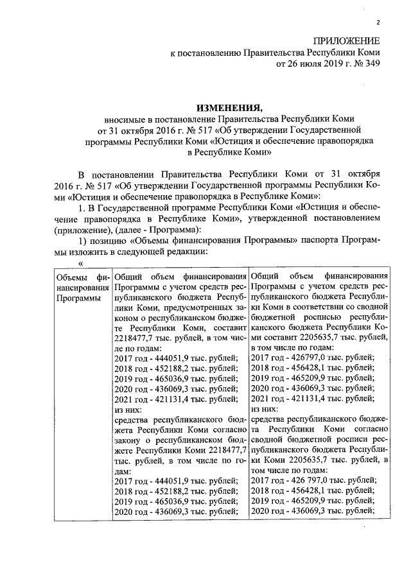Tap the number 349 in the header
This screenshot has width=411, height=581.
pyautogui.click(x=371, y=64)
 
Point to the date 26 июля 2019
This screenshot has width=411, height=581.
pyautogui.click(x=313, y=64)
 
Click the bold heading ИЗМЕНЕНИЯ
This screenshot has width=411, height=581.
pyautogui.click(x=229, y=107)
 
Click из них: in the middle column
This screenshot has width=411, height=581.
pyautogui.click(x=126, y=408)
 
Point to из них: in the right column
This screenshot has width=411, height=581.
pyautogui.click(x=264, y=408)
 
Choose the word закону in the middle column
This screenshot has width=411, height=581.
pyautogui.click(x=129, y=439)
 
